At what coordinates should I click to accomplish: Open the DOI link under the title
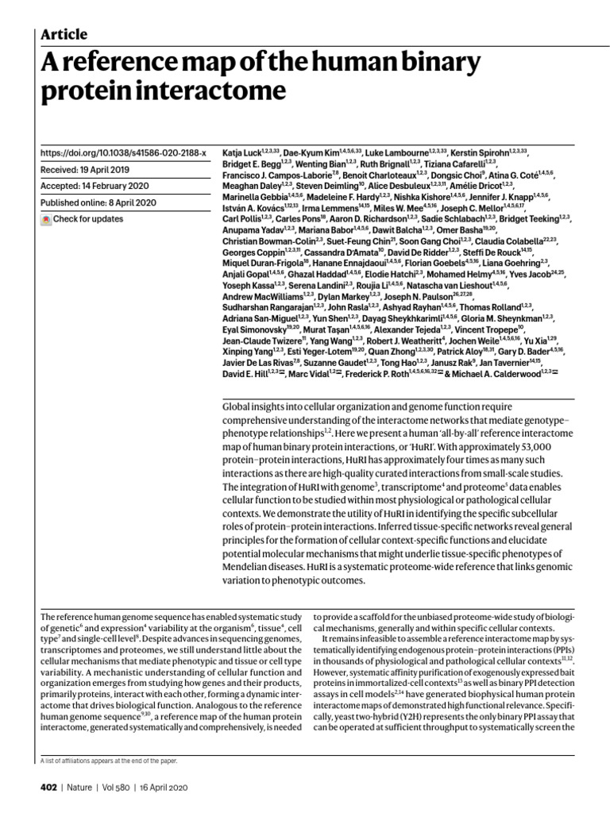123,152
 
